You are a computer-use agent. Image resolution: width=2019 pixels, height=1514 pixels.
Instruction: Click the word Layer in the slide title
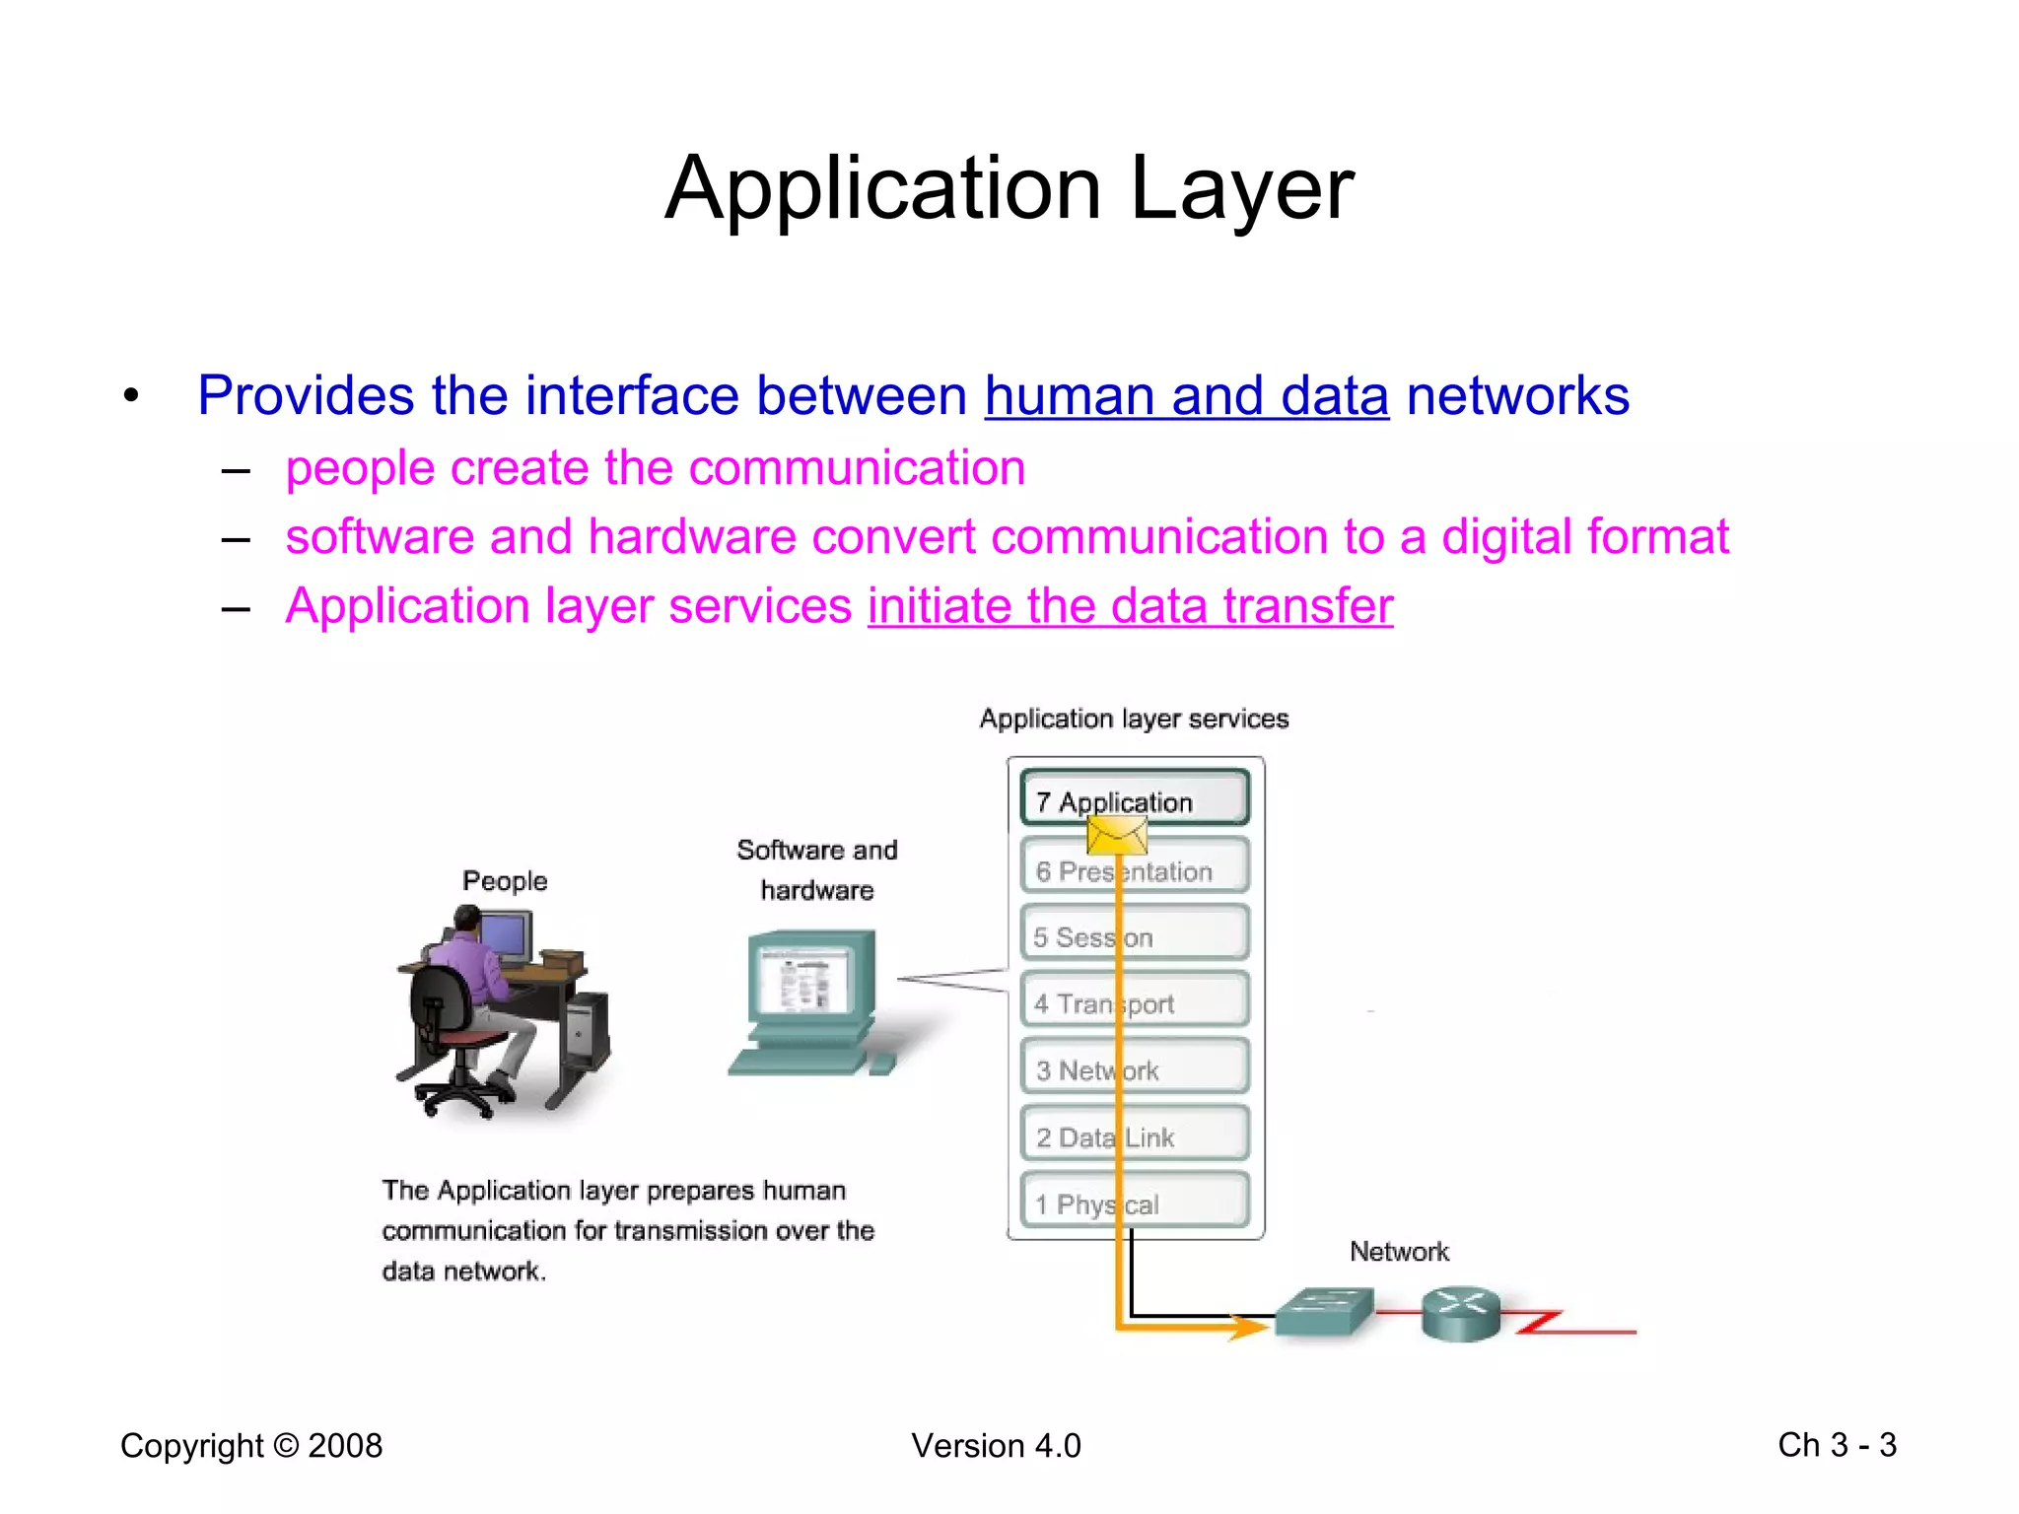pos(1241,189)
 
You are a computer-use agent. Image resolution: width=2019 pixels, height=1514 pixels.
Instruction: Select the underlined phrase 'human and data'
pos(1186,396)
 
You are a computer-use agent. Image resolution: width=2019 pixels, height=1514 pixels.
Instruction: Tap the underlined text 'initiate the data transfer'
pos(1130,606)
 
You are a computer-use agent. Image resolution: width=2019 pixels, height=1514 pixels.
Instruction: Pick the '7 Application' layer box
pos(1134,799)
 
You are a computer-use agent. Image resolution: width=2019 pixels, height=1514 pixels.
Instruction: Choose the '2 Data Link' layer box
pos(1134,1135)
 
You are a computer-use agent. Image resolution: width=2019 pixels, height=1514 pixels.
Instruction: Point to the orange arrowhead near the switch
pos(1246,1329)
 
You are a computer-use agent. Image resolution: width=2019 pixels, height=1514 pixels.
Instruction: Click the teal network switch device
pos(1323,1313)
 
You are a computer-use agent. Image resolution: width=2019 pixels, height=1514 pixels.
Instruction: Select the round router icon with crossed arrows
pos(1460,1313)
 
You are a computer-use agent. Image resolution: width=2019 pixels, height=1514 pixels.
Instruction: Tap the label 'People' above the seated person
pos(505,881)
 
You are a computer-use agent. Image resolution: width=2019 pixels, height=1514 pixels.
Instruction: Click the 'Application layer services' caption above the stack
pos(1134,719)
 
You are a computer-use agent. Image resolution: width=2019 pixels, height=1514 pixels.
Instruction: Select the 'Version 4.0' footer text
pos(996,1446)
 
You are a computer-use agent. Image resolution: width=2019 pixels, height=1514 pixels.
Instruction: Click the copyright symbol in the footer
pos(286,1446)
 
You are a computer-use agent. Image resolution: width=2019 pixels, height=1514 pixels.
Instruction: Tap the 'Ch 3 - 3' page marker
pos(1837,1445)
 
